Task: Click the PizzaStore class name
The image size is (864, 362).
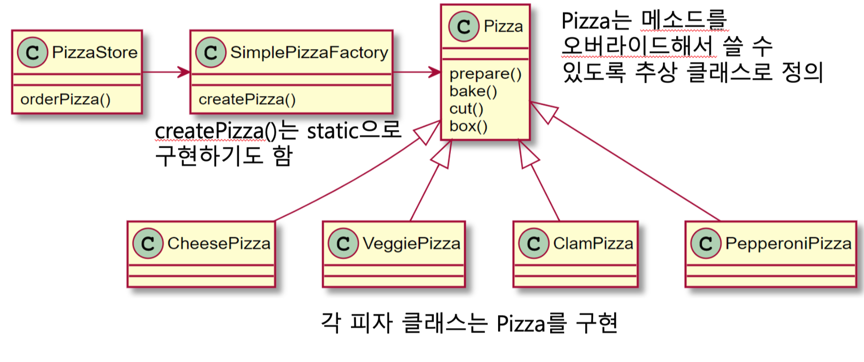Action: (x=95, y=53)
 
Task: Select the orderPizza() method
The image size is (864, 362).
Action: (x=66, y=99)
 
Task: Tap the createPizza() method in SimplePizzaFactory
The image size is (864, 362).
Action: (x=247, y=99)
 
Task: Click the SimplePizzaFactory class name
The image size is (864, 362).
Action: (x=309, y=53)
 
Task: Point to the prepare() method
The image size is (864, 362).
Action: (x=485, y=74)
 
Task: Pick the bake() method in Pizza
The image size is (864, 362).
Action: (x=473, y=91)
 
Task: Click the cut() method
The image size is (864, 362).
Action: (x=466, y=109)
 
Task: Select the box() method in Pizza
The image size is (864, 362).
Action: (x=468, y=126)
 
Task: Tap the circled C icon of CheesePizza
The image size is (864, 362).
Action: (x=148, y=243)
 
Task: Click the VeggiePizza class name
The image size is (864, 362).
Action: (x=411, y=243)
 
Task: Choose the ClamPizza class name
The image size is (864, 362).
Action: (x=593, y=243)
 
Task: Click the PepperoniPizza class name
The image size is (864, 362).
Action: (x=788, y=243)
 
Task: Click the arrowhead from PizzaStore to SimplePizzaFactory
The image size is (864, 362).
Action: (x=184, y=72)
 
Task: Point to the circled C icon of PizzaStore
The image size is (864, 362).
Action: (x=32, y=53)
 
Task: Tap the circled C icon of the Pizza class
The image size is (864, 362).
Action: (x=464, y=27)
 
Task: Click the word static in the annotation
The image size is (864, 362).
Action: (x=333, y=131)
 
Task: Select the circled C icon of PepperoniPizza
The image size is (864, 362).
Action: (x=706, y=243)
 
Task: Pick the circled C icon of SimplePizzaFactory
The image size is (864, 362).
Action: (x=211, y=53)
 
